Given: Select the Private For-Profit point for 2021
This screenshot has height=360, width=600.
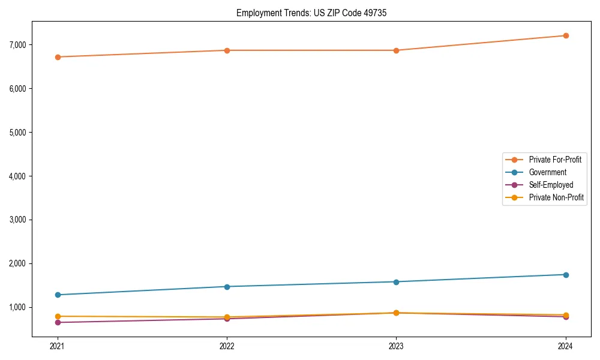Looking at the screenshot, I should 58,57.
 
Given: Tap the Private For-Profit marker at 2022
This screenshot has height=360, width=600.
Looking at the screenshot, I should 227,50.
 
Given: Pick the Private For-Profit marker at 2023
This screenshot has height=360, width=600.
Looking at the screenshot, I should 396,50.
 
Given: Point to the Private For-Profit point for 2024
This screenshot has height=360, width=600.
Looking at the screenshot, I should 566,35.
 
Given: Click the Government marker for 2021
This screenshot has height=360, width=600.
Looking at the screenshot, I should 58,295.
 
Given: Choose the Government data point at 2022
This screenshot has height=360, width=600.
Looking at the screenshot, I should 227,286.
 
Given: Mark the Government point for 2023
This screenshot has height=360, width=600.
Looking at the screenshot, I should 396,281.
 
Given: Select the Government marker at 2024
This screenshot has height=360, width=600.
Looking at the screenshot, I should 566,275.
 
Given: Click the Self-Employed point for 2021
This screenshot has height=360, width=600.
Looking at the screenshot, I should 58,322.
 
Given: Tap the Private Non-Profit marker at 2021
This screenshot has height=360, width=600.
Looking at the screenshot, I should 58,316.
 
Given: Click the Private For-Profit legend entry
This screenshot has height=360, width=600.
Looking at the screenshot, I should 555,160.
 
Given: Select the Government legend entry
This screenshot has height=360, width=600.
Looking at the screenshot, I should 547,172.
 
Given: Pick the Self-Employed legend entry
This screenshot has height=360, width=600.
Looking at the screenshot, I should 551,185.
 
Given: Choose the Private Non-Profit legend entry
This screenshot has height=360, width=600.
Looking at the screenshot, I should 556,197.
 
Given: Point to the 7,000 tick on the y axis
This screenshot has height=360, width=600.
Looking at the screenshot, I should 17,45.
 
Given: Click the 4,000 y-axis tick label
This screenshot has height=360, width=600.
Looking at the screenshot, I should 17,176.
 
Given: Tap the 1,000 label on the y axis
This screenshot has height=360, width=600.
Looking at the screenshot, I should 17,307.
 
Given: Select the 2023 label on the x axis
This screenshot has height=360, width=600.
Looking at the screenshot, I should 396,346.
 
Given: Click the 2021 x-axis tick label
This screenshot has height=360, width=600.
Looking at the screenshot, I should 58,346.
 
